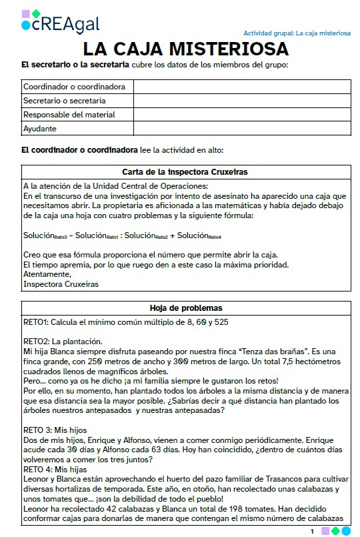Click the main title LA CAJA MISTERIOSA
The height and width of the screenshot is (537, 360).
click(185, 49)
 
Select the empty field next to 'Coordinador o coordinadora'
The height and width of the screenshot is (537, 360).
click(242, 87)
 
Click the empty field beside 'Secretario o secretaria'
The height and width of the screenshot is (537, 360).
click(242, 101)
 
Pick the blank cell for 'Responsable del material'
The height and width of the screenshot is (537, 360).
click(242, 115)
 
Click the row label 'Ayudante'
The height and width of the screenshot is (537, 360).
click(40, 129)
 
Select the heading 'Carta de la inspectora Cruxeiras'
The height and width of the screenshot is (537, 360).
click(185, 172)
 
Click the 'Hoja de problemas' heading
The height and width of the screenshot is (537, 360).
click(185, 308)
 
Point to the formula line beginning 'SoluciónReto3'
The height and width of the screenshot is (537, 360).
click(122, 235)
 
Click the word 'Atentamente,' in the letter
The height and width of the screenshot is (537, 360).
click(45, 274)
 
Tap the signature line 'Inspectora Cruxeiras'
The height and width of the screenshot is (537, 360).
click(61, 284)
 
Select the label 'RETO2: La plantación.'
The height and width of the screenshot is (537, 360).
click(62, 341)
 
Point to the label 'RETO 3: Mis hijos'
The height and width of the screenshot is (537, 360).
click(55, 430)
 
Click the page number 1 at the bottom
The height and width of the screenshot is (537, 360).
click(312, 531)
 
